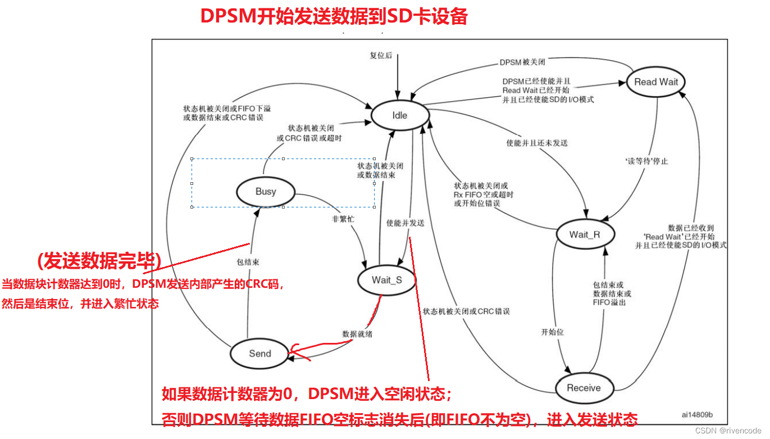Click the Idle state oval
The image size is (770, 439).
click(399, 115)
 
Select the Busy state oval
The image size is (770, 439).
click(266, 192)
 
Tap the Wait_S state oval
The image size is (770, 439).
click(386, 280)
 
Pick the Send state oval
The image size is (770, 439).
click(260, 354)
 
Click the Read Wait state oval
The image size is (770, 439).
click(656, 82)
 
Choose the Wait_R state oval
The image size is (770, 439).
click(585, 234)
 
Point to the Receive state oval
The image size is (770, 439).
click(584, 388)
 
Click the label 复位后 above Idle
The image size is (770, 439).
click(381, 56)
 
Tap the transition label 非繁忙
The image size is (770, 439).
click(343, 219)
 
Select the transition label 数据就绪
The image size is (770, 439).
click(357, 334)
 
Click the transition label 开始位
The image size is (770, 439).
click(552, 332)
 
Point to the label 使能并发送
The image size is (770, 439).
click(405, 223)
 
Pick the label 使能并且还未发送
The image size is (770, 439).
click(537, 143)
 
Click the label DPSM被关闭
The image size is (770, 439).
click(522, 62)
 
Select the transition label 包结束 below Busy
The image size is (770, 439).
click(248, 262)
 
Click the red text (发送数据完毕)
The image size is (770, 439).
click(99, 261)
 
